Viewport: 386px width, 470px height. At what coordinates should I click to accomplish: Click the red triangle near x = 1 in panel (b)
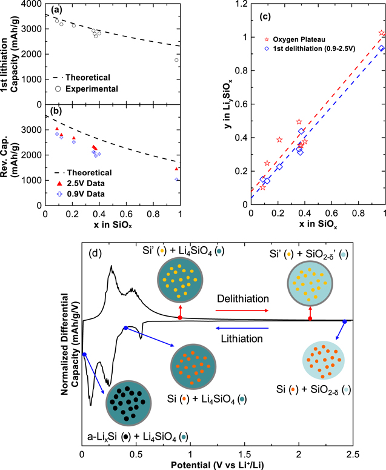tap(176, 169)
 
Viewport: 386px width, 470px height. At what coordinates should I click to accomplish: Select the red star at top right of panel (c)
tap(381, 33)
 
